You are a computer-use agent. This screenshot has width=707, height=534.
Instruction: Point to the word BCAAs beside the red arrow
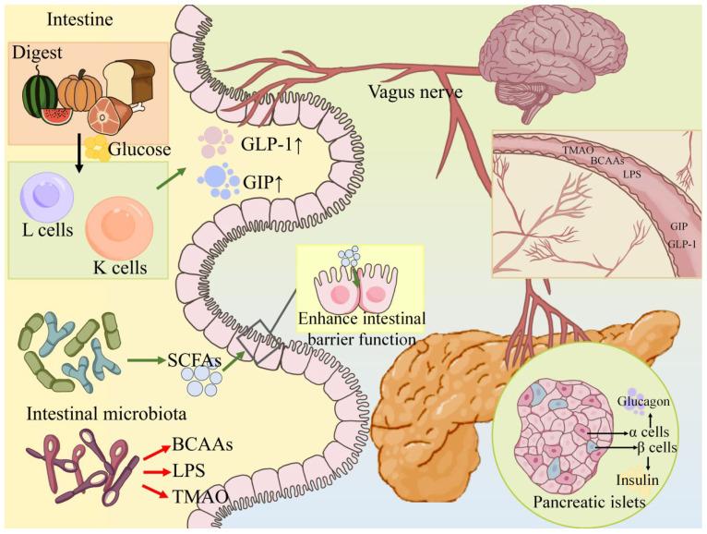[200, 444]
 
